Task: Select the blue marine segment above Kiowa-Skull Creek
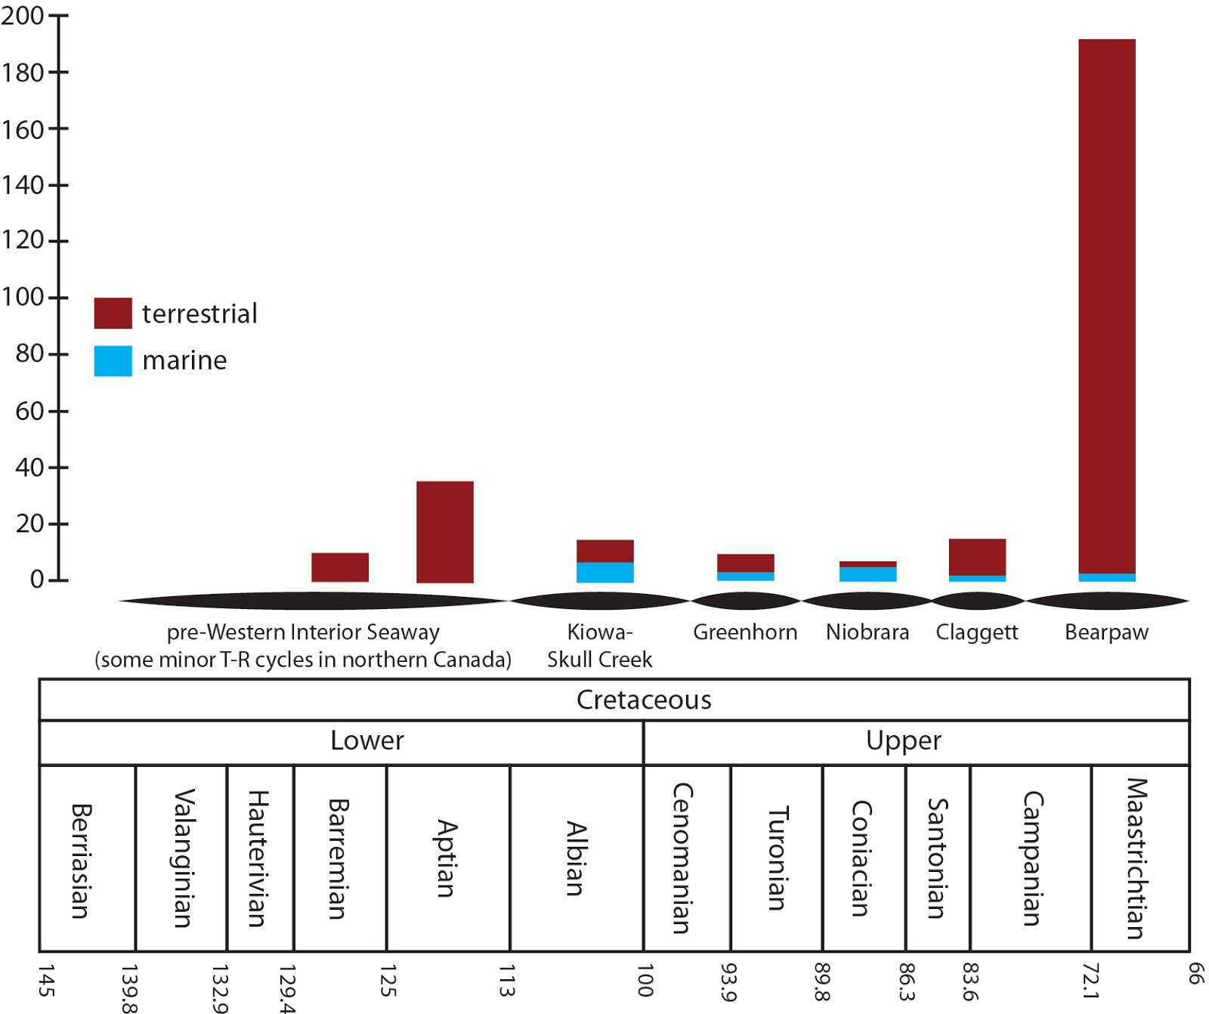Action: coord(604,572)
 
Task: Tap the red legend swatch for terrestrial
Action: coord(113,313)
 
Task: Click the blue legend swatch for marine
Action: coord(113,360)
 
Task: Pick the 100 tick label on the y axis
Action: coord(23,297)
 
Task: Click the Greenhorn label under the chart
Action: coord(745,632)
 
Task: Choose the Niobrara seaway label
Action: coord(867,632)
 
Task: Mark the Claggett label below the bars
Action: coord(976,632)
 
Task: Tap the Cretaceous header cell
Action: coord(644,700)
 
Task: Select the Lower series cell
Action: coord(367,740)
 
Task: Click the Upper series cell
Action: coord(904,740)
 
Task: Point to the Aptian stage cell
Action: coord(447,858)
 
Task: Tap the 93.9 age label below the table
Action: coord(728,982)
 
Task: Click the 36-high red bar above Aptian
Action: coord(445,531)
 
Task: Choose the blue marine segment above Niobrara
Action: coord(867,574)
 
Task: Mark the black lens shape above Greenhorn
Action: coord(745,601)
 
